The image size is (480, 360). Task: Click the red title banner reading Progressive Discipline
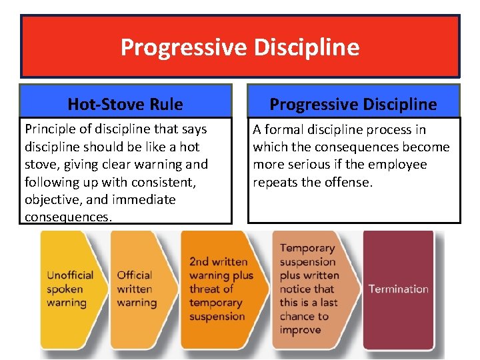240,47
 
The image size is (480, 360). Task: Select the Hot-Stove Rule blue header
125,104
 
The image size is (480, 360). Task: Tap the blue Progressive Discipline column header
353,104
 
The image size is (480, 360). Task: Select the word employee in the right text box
400,165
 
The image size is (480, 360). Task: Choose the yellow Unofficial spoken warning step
69,289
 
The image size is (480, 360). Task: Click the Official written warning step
137,289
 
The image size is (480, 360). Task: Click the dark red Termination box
398,289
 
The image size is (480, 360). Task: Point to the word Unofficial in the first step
70,275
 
